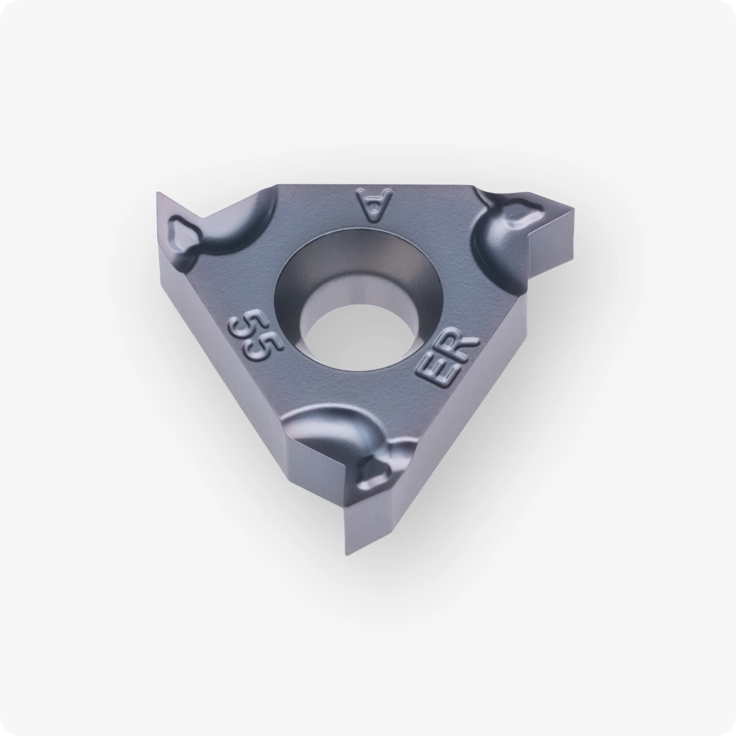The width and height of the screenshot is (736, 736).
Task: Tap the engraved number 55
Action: [x=256, y=334]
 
